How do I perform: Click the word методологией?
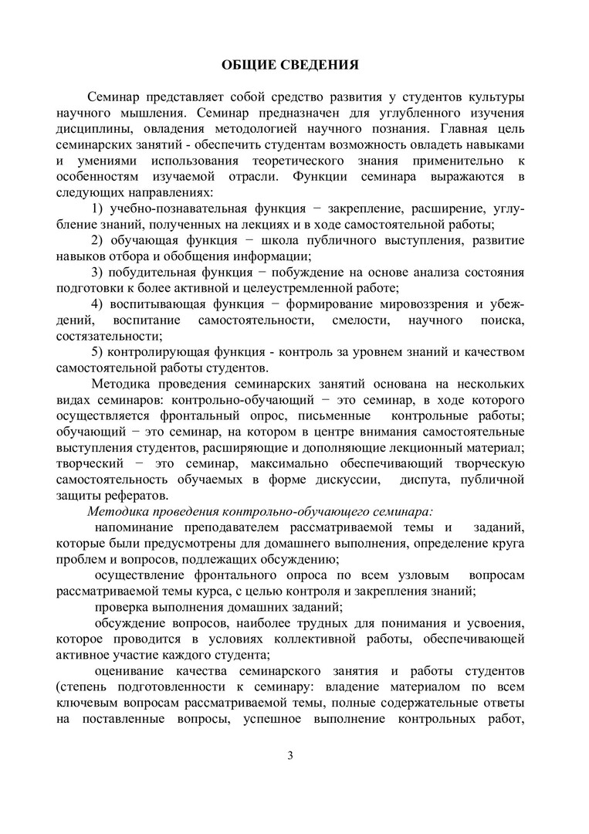click(x=277, y=128)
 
